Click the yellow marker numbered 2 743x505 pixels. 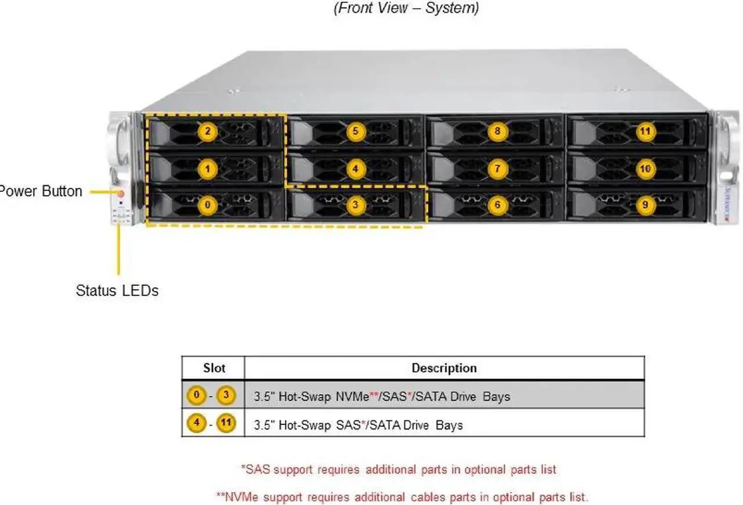[x=207, y=132]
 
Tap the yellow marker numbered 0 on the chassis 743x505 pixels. [x=207, y=205]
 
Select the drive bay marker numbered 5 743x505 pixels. [x=356, y=132]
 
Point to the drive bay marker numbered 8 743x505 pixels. [x=497, y=132]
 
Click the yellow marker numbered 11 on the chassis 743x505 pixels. [x=645, y=132]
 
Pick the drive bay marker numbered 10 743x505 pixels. [x=645, y=169]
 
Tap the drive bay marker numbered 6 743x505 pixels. [x=497, y=205]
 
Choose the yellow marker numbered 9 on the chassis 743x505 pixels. [x=645, y=205]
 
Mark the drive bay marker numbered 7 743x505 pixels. [x=497, y=169]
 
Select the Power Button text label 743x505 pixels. [x=41, y=191]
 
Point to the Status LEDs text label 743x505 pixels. [x=117, y=290]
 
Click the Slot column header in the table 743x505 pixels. [x=214, y=368]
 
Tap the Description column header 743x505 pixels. [x=444, y=368]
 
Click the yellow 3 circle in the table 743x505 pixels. [x=227, y=397]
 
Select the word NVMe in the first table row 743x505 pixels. [x=353, y=397]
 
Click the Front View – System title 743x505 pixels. [x=406, y=9]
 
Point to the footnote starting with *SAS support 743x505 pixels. [x=398, y=469]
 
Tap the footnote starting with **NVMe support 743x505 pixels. [x=402, y=497]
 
